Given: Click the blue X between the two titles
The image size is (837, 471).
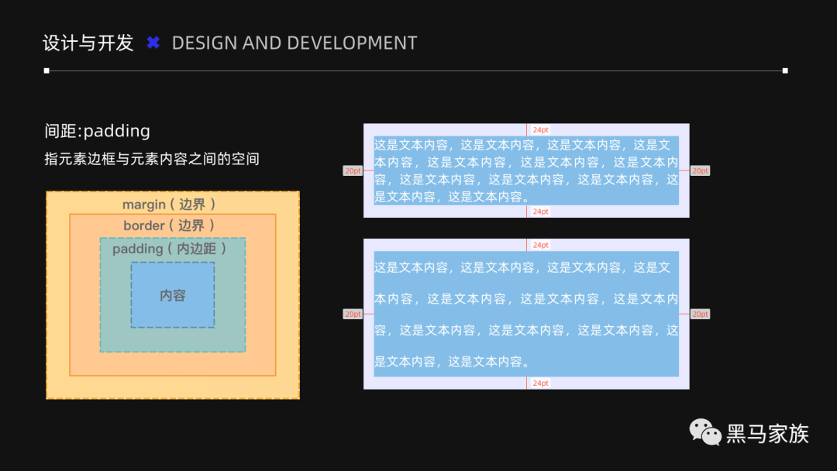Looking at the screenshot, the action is point(153,43).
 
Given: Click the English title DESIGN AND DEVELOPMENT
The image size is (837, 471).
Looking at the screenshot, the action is point(294,43).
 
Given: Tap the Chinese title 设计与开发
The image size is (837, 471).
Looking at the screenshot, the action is point(88,43).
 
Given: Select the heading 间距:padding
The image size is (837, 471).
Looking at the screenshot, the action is point(98,131).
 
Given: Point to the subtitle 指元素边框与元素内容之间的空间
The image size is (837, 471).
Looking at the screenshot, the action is point(152,160).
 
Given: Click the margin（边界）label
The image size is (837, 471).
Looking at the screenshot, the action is point(169,205).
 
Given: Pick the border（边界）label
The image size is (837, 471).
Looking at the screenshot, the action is point(169,225).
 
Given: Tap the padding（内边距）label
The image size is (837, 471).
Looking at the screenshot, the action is point(170,249).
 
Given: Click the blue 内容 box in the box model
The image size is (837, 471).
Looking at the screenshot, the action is point(173,295).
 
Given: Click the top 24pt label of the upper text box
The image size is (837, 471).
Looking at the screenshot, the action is point(540,130).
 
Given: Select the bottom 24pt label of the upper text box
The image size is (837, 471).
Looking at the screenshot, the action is point(540,211).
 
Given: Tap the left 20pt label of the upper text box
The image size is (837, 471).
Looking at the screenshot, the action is point(353,170).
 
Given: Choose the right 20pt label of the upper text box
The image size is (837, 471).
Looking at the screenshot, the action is point(700,170).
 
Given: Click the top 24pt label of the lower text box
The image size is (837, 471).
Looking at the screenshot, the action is point(540,245).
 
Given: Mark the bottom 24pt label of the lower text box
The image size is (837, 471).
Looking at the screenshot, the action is point(540,383).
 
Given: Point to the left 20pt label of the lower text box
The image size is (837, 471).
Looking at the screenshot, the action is point(353,314).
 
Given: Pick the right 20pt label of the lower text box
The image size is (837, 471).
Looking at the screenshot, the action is point(700,314).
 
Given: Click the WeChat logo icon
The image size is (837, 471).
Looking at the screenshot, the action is point(705,432).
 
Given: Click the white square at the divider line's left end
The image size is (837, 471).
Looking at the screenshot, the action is point(46,70).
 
